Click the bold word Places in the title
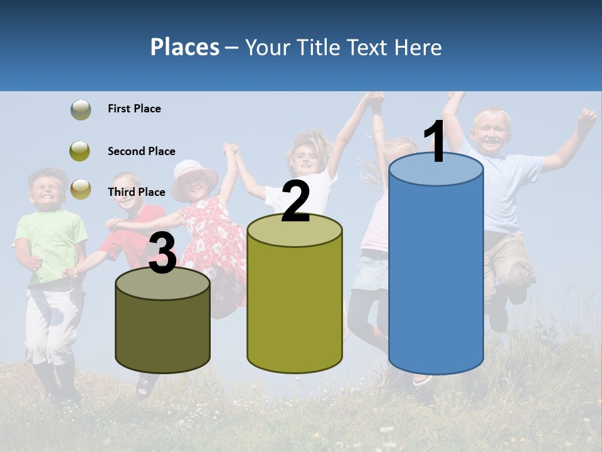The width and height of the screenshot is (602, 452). click(x=184, y=47)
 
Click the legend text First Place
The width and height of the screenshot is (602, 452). click(x=134, y=109)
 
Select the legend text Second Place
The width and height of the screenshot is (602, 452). click(x=141, y=151)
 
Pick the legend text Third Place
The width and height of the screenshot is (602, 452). click(x=136, y=192)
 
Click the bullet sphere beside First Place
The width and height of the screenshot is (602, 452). click(x=80, y=110)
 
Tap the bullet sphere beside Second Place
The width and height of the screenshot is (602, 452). click(x=80, y=151)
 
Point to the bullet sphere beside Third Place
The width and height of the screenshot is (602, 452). click(x=80, y=188)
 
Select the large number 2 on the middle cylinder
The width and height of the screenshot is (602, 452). click(x=295, y=201)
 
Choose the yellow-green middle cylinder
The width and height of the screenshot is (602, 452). click(x=295, y=301)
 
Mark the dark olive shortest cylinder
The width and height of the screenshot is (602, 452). click(x=162, y=326)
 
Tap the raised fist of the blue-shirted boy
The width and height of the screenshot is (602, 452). click(x=587, y=117)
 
